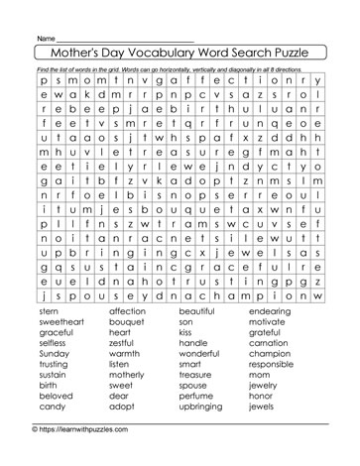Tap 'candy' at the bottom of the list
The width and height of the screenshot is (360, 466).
(52, 433)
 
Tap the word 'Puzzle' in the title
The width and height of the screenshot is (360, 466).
(287, 51)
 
